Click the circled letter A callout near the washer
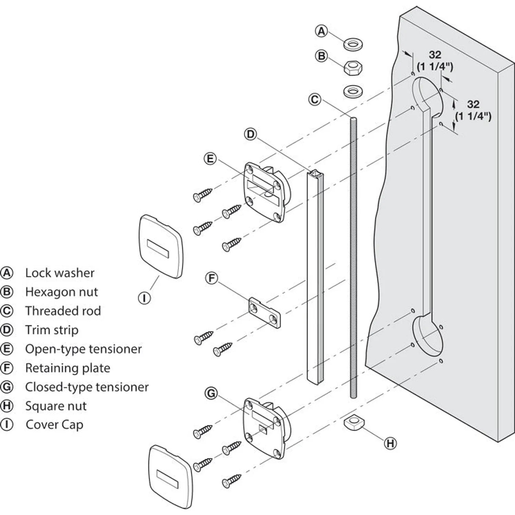click(x=321, y=31)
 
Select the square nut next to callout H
click(x=354, y=422)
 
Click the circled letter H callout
click(x=390, y=443)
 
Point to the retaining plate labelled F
click(x=264, y=312)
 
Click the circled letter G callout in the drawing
click(x=212, y=393)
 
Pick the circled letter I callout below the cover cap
click(x=144, y=298)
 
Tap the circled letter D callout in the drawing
click(x=250, y=134)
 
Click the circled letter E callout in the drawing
click(x=210, y=159)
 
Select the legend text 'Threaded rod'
click(x=63, y=311)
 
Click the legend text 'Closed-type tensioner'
click(x=87, y=387)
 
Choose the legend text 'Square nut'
click(x=56, y=406)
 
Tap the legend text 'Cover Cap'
click(x=55, y=425)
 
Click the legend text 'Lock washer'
click(x=60, y=273)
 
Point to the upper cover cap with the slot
click(x=161, y=247)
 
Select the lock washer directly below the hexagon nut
click(x=354, y=91)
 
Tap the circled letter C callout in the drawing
click(x=314, y=100)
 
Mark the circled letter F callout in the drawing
click(x=211, y=278)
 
